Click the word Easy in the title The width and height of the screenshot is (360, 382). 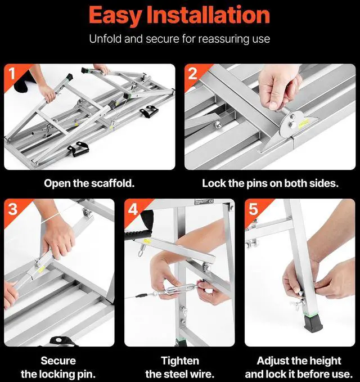pos(115,16)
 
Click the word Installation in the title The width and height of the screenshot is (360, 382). pos(209,15)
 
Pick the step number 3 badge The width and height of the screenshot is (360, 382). pos(13,209)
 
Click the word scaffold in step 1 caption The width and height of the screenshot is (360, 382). pos(112,183)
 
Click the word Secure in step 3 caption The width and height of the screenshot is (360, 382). pos(58,361)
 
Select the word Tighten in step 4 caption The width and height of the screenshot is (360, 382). pos(180,361)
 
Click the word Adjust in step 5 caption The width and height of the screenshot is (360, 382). pos(272,361)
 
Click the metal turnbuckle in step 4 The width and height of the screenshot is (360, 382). pos(179,289)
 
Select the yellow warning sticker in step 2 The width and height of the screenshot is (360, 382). pos(304,123)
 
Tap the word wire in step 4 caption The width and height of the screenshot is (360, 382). pos(204,374)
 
